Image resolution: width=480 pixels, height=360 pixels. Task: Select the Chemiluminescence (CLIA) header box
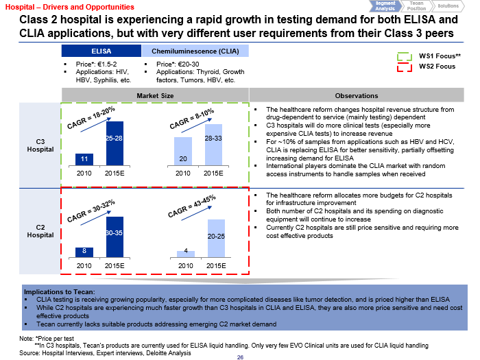pos(195,51)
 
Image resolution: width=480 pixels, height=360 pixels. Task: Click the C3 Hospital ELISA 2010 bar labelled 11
pos(84,159)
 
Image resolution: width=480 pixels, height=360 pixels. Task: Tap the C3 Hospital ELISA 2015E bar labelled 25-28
pos(115,143)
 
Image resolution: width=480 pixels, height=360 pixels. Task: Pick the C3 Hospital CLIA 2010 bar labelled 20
pos(182,151)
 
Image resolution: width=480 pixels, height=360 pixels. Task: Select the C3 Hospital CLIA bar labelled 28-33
pos(213,145)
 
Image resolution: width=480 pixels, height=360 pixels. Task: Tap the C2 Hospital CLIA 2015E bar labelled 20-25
pos(216,238)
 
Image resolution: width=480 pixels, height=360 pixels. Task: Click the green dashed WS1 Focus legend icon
pos(405,55)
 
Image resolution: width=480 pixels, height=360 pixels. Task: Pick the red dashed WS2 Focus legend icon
pos(405,67)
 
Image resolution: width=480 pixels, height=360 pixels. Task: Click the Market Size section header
pos(155,95)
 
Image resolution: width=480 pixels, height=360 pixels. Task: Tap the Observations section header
pos(356,95)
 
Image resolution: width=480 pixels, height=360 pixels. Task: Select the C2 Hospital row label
pos(40,230)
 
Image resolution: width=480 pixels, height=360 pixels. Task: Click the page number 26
pos(240,357)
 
